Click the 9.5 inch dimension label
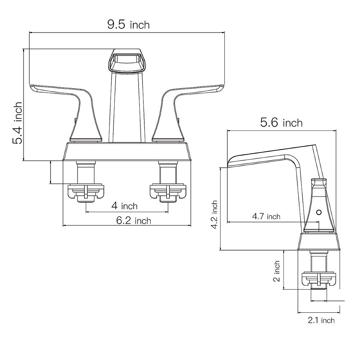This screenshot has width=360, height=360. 128,25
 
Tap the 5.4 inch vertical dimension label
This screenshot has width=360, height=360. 17,123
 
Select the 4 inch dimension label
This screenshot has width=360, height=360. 124,206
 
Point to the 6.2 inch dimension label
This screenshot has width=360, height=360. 133,220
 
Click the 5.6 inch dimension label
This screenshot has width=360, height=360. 281,123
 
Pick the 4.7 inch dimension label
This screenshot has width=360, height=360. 266,216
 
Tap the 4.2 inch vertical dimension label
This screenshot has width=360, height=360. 214,215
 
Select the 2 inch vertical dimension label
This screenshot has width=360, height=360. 277,271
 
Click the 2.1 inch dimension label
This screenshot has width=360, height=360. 321,320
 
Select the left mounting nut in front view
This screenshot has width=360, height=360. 86,192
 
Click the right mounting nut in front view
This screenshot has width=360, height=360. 168,192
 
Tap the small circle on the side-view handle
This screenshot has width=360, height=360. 319,213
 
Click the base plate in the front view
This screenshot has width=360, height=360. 127,151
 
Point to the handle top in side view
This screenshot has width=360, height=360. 319,182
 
